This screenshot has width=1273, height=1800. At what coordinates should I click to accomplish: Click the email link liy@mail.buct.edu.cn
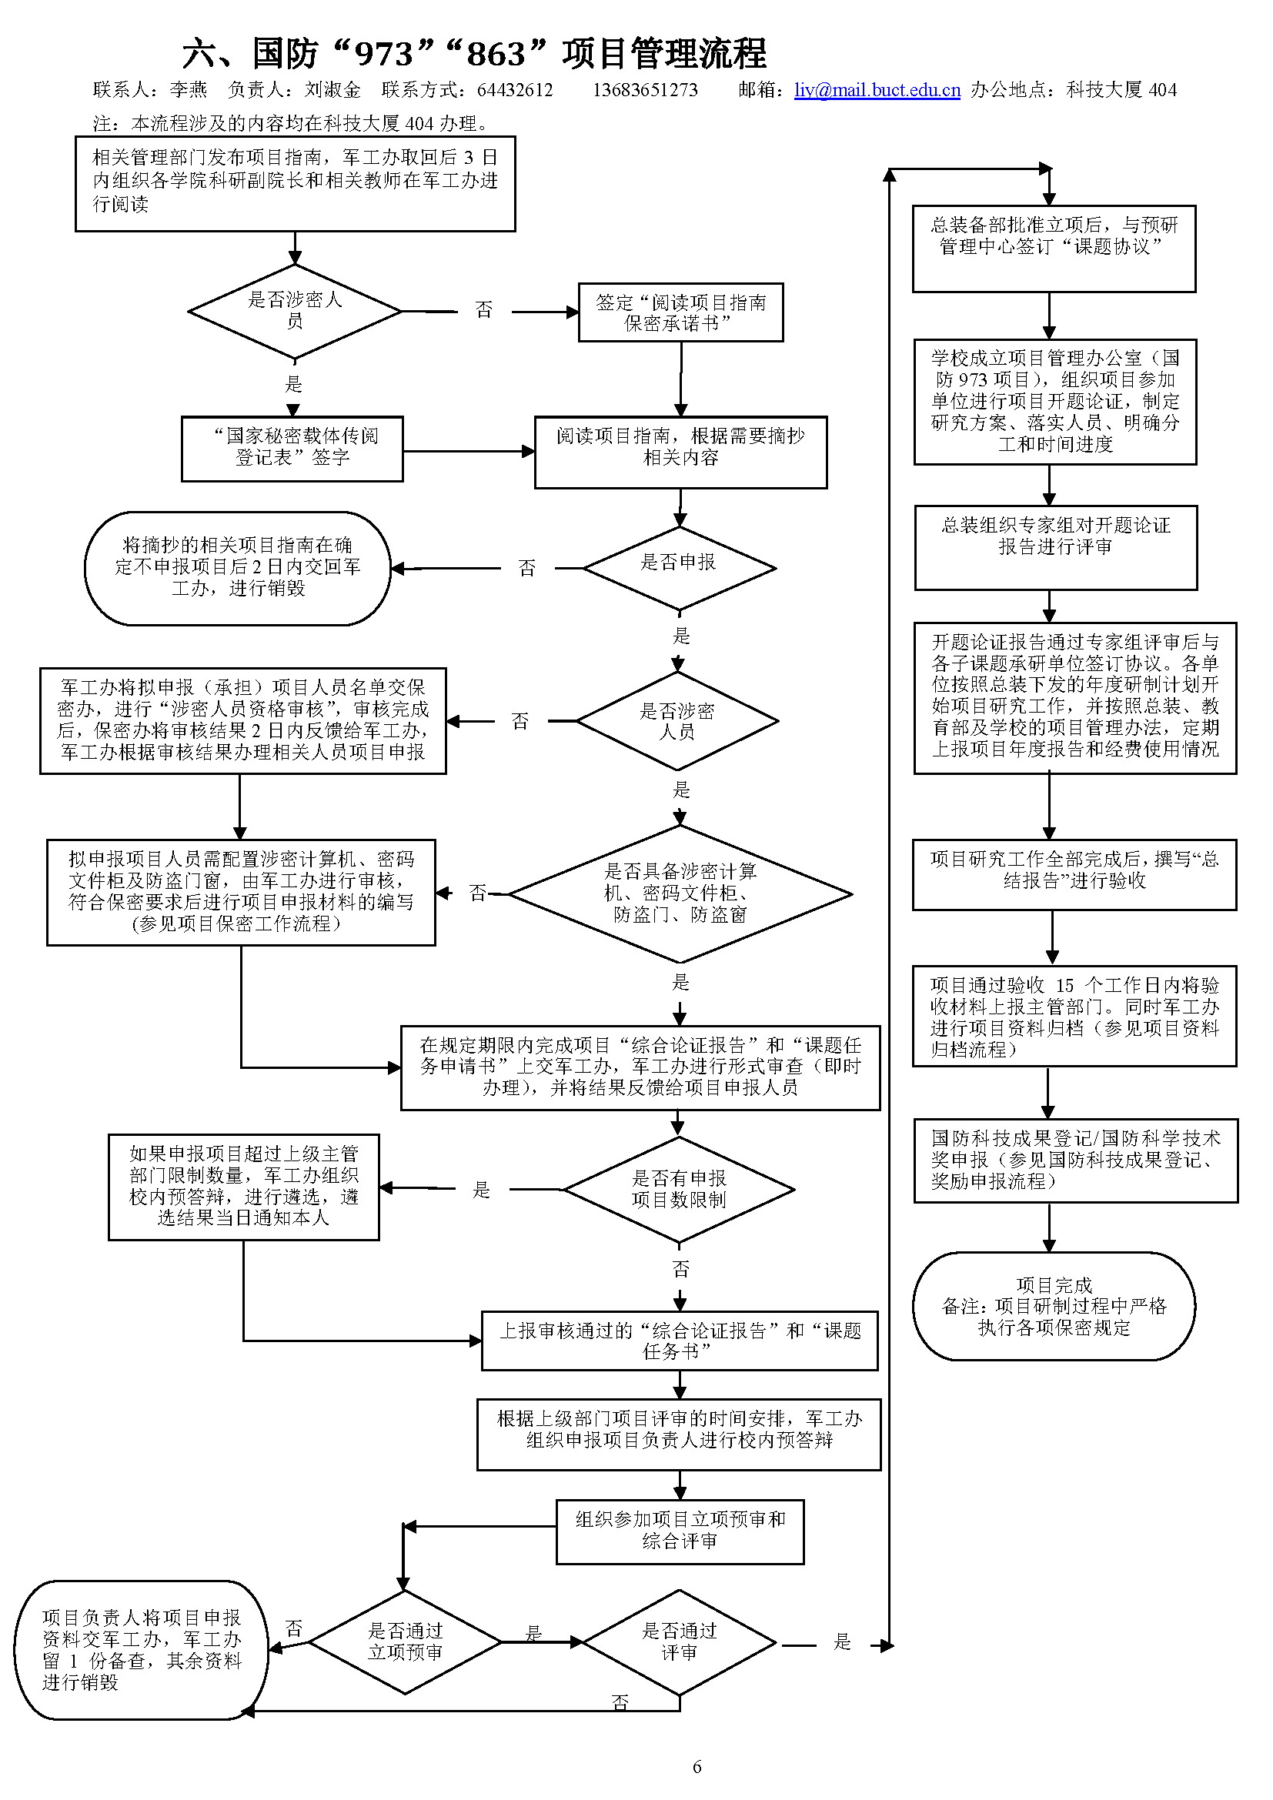pyautogui.click(x=877, y=90)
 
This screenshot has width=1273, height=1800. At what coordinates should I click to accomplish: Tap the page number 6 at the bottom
pyautogui.click(x=697, y=1766)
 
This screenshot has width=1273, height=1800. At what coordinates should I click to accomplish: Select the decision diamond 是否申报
pyautogui.click(x=679, y=568)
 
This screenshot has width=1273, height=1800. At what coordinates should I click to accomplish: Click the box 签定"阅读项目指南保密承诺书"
pyautogui.click(x=680, y=312)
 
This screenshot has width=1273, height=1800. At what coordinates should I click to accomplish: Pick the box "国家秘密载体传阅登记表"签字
pyautogui.click(x=292, y=449)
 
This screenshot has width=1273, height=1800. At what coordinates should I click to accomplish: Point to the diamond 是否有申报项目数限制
pyautogui.click(x=679, y=1188)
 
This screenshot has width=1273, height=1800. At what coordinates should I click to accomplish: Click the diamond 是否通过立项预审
pyautogui.click(x=406, y=1641)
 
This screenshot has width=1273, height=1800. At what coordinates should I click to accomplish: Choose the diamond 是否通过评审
pyautogui.click(x=679, y=1641)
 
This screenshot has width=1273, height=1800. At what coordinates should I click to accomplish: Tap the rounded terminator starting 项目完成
pyautogui.click(x=1054, y=1306)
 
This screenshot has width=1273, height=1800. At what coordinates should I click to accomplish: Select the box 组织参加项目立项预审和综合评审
pyautogui.click(x=680, y=1531)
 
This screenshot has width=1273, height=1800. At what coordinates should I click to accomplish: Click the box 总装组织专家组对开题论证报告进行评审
pyautogui.click(x=1055, y=546)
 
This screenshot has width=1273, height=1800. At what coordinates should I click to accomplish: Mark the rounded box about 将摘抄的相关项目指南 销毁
pyautogui.click(x=238, y=568)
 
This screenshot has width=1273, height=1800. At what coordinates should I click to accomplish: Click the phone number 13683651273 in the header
pyautogui.click(x=644, y=90)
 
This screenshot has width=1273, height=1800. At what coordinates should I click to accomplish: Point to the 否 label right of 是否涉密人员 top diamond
pyautogui.click(x=483, y=310)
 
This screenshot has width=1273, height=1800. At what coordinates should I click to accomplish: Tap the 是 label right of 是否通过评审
pyautogui.click(x=842, y=1641)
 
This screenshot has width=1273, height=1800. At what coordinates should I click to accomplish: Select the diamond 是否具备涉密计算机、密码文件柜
pyautogui.click(x=680, y=893)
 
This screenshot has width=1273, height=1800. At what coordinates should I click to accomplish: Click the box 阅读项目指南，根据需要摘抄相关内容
pyautogui.click(x=680, y=452)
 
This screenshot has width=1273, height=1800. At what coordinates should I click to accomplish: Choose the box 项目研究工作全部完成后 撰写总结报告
pyautogui.click(x=1074, y=874)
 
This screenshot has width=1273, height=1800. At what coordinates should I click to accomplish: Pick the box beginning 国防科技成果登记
pyautogui.click(x=1074, y=1160)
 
